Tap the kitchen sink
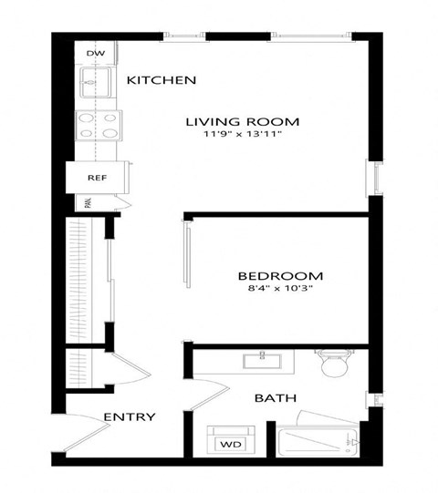[x=95, y=87]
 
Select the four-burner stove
[x=98, y=124]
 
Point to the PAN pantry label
[x=89, y=204]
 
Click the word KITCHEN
[x=162, y=80]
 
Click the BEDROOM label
[x=280, y=276]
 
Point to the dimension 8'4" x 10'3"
[x=280, y=290]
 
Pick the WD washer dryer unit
[x=228, y=443]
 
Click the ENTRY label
[x=129, y=417]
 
